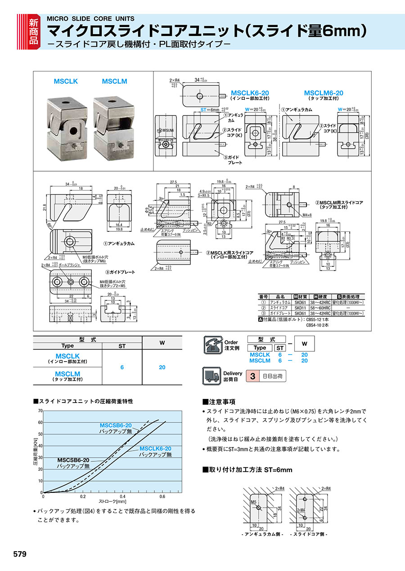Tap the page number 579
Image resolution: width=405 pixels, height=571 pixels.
(20, 554)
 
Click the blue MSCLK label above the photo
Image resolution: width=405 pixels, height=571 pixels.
(66, 81)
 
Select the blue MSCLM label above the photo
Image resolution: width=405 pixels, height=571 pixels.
(114, 81)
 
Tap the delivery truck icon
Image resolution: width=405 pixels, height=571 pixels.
(213, 376)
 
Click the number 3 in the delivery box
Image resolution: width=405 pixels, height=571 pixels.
(253, 376)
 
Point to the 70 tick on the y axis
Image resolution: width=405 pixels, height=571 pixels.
(40, 411)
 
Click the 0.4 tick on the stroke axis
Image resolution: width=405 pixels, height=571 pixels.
(122, 496)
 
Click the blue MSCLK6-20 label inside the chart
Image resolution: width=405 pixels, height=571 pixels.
(155, 449)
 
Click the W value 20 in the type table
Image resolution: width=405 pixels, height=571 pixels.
(162, 367)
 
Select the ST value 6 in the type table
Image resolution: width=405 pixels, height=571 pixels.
(122, 367)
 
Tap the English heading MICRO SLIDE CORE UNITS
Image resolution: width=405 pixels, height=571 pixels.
(90, 18)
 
